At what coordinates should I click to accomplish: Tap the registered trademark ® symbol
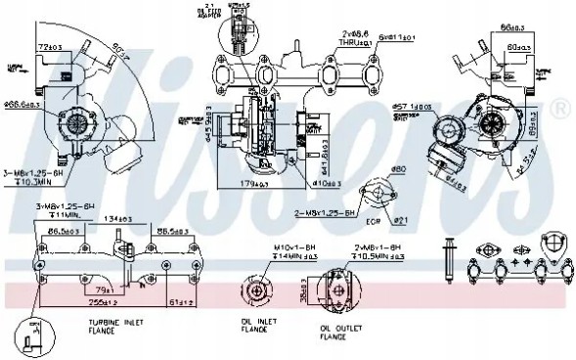562,107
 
